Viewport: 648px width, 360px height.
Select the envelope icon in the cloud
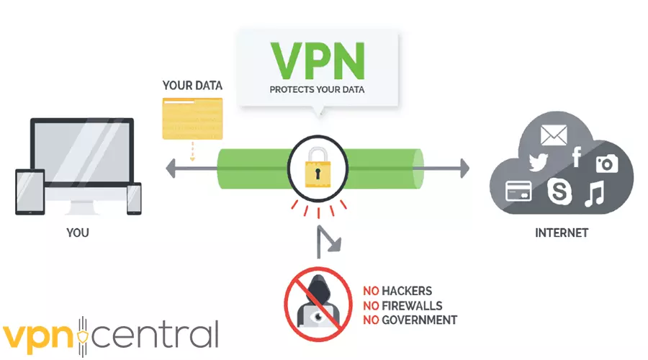(x=555, y=135)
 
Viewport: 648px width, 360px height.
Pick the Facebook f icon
(x=577, y=156)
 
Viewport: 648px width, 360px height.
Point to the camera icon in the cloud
(x=606, y=163)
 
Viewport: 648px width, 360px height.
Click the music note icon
(x=595, y=193)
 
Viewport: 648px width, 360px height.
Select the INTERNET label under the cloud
(x=562, y=233)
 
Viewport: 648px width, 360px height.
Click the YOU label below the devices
(x=78, y=233)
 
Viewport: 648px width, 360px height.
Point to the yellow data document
(x=192, y=119)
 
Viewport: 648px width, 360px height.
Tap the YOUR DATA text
(x=192, y=86)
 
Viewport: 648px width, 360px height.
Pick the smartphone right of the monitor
(x=134, y=199)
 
